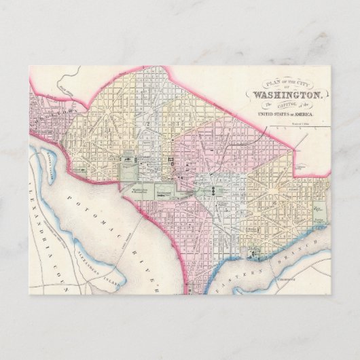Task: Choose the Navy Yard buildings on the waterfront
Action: (254, 256)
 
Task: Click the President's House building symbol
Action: (127, 159)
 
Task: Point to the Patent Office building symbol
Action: (178, 154)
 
